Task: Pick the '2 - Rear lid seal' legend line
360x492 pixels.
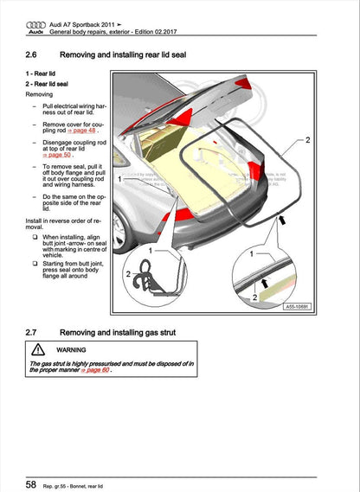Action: (48, 85)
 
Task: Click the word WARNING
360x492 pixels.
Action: (72, 350)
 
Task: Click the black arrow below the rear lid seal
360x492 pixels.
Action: (280, 224)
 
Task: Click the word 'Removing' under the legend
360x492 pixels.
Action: (41, 95)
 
